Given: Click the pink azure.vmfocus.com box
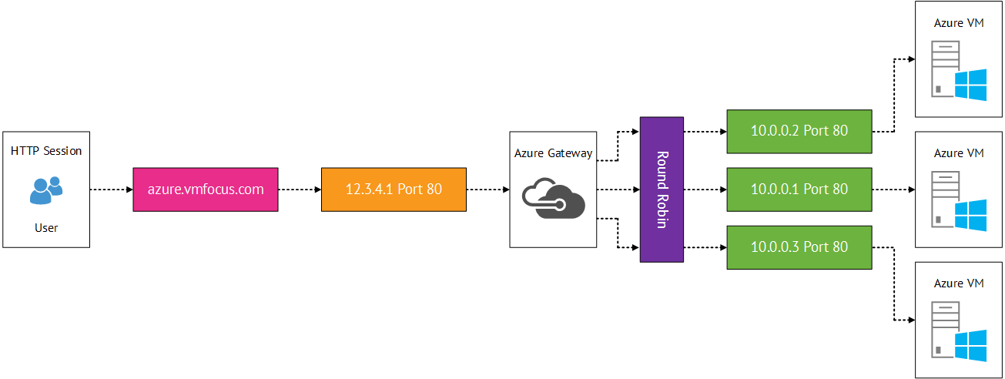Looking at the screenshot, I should click(205, 189).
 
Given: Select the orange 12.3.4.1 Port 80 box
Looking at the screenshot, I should click(394, 189).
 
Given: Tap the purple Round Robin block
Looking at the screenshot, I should click(662, 189).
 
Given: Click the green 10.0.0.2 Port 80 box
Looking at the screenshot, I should click(799, 131).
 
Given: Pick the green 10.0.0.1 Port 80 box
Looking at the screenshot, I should click(799, 189).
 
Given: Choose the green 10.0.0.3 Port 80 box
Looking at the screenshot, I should click(799, 247).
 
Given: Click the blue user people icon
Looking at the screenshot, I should click(46, 189).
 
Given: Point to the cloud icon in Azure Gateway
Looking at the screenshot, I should click(553, 198).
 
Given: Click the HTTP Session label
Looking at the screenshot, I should click(46, 151).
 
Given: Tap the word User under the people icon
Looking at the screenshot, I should click(46, 228).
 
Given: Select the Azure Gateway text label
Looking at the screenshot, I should click(553, 153).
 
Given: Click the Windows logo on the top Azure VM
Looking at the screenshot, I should click(970, 85).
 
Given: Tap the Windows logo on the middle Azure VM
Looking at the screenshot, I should click(970, 215).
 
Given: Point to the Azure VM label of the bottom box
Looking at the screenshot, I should click(959, 283).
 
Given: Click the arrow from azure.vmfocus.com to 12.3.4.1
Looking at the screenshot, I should click(299, 189).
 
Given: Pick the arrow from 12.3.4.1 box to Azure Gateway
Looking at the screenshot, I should click(487, 189).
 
